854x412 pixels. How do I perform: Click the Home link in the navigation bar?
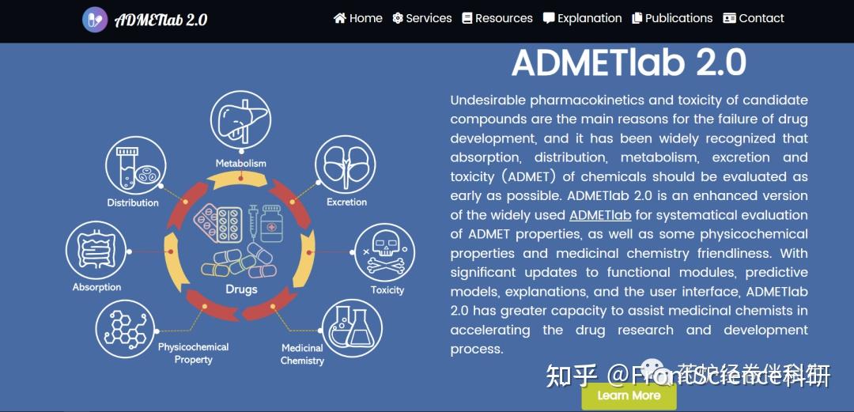click(358, 18)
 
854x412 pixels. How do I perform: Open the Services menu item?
click(422, 18)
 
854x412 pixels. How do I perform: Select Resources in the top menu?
click(497, 18)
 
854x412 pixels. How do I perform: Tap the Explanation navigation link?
click(583, 18)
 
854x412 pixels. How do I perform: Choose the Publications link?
click(672, 18)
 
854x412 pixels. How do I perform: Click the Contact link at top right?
click(754, 18)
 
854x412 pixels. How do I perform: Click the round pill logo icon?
click(95, 20)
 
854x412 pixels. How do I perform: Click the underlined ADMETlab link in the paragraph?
click(600, 215)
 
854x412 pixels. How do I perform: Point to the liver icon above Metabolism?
click(240, 121)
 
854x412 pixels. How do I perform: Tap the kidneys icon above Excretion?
click(346, 164)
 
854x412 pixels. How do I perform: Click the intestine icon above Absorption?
click(96, 251)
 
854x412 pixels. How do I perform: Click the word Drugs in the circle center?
click(241, 289)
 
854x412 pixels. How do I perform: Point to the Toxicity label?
click(387, 290)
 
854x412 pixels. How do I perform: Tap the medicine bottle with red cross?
click(272, 226)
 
